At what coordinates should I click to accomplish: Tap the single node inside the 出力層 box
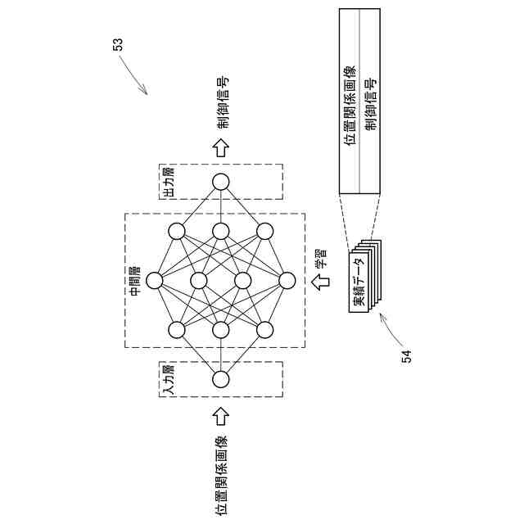click(x=220, y=182)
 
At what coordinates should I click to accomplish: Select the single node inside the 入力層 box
click(x=220, y=380)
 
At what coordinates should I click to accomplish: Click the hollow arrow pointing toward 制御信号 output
click(x=220, y=147)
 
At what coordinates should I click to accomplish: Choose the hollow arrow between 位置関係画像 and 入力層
click(x=220, y=417)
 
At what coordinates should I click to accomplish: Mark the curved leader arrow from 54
click(x=391, y=327)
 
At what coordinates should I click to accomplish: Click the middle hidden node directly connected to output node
click(x=220, y=231)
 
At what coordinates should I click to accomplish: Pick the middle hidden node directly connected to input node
click(x=220, y=330)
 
